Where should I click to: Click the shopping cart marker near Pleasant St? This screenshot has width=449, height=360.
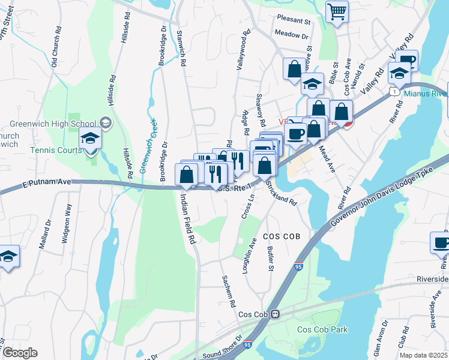[x=337, y=11]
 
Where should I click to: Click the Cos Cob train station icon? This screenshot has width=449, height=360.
[x=276, y=314]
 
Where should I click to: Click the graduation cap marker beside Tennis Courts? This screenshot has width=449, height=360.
[x=91, y=139]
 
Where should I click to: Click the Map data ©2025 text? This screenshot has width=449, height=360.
[x=423, y=355]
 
